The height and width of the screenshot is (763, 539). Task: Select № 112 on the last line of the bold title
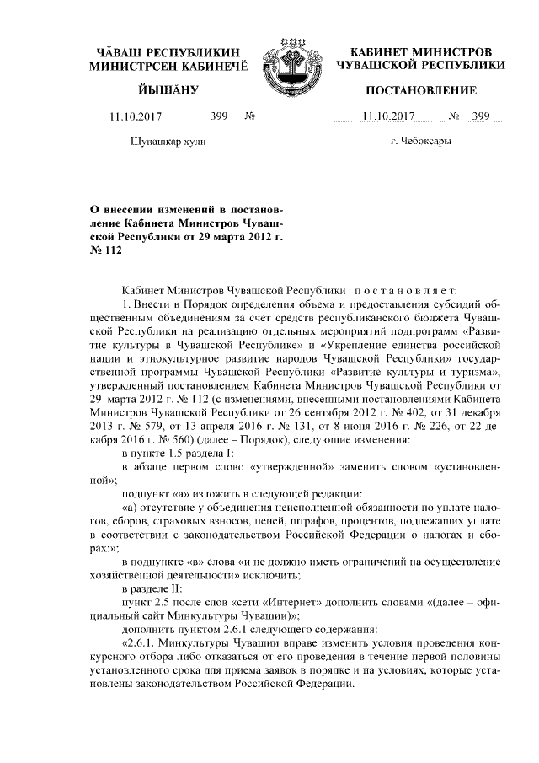click(x=106, y=251)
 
